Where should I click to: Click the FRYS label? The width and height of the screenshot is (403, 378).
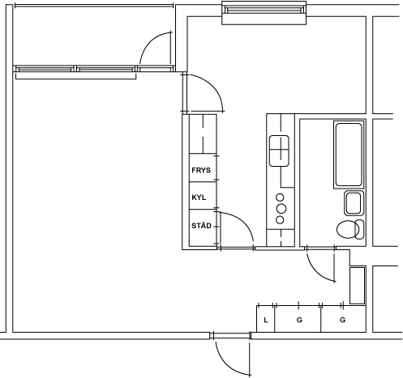coord(201,170)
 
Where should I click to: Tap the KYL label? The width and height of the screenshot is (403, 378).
coord(199,197)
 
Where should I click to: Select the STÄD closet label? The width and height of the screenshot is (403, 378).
coord(201,225)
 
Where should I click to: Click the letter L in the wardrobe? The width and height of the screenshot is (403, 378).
coord(266,320)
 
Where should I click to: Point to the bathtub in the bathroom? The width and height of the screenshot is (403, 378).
coord(349,155)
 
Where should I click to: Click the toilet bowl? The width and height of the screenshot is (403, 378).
coord(348,229)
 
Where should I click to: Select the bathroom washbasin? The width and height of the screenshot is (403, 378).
coord(354,203)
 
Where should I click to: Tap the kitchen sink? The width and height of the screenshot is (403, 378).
coord(279,151)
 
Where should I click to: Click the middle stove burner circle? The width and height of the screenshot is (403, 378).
coord(281,209)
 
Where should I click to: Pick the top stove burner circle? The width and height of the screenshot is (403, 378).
coord(280,197)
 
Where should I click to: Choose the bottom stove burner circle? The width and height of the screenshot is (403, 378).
coord(280,220)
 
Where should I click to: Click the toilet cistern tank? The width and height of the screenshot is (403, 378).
coord(360,229)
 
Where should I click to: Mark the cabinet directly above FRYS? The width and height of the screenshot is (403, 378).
coord(203,134)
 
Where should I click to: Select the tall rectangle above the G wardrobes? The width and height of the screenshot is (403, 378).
coord(358,286)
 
